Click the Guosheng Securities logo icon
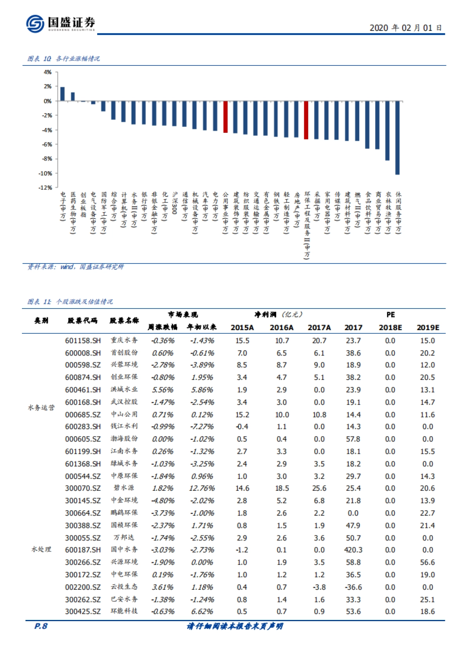point(35,23)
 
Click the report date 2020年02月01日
point(405,28)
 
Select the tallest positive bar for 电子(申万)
point(63,94)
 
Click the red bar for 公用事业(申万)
point(226,117)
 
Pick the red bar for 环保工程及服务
point(306,120)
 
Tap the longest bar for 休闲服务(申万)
point(398,137)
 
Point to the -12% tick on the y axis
point(45,188)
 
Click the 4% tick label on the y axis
point(47,72)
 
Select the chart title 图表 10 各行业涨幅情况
point(63,59)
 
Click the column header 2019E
point(428,327)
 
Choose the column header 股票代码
point(82,321)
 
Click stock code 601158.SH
point(83,341)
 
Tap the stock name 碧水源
point(124,488)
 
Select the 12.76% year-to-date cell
point(202,488)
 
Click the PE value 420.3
point(353,550)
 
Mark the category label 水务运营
point(41,408)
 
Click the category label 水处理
point(41,549)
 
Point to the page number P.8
point(41,626)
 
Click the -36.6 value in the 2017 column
point(353,587)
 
